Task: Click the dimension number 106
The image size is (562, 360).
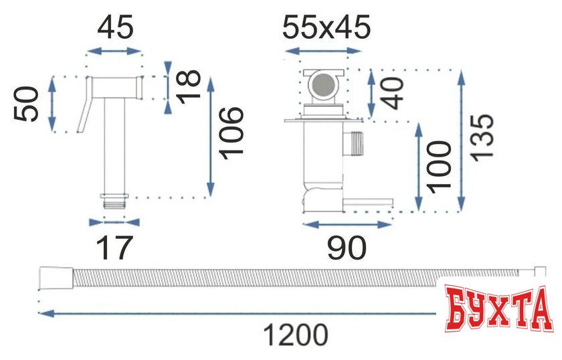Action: [x=231, y=133]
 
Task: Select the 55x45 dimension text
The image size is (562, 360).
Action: [x=326, y=27]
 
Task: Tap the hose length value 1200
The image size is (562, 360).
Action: [x=296, y=335]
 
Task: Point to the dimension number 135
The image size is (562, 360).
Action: [x=482, y=138]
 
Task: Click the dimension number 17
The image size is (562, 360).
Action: [x=114, y=248]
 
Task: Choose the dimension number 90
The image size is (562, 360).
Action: [x=347, y=248]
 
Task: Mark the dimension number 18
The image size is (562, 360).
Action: [x=189, y=87]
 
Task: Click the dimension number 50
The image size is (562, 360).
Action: [x=26, y=104]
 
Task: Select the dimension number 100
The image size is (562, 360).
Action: [x=439, y=167]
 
